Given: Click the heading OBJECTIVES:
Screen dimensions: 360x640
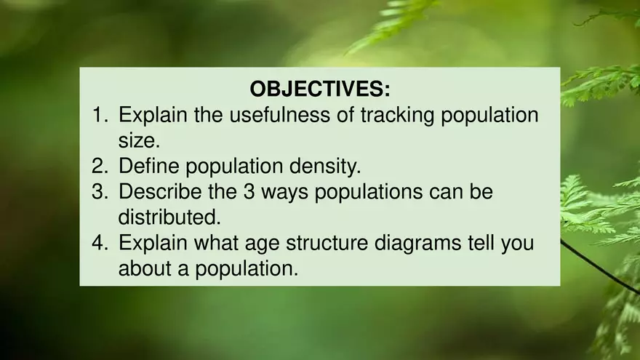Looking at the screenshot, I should click(x=320, y=89).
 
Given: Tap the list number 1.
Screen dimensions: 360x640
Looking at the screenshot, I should click(x=100, y=115).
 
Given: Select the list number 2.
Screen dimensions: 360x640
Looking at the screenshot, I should click(x=100, y=167).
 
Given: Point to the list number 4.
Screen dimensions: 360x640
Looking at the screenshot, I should click(x=100, y=243).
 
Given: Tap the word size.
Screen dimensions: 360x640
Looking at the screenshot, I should click(x=138, y=140).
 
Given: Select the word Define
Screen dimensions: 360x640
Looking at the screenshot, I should click(x=149, y=167).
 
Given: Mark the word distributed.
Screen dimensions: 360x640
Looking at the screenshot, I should click(x=168, y=217).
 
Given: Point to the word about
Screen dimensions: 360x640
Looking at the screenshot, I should click(x=145, y=268).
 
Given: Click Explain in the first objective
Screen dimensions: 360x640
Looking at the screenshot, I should click(x=153, y=115).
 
